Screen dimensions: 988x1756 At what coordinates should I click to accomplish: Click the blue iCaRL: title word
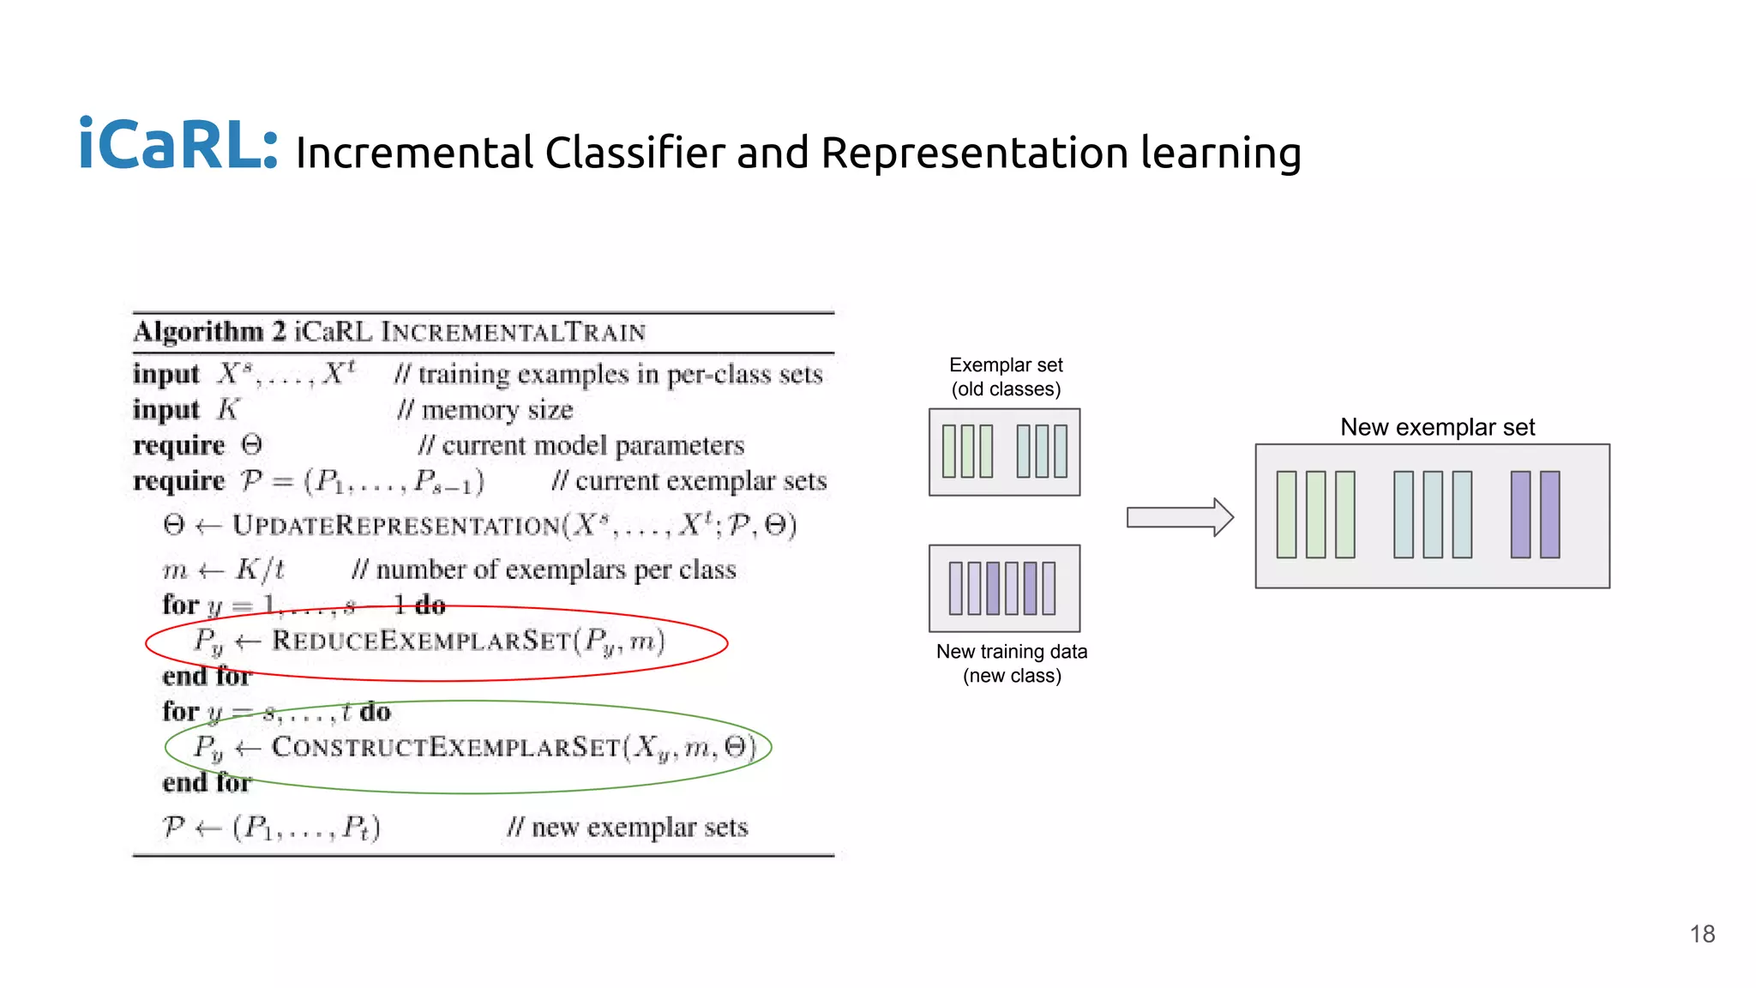click(x=178, y=146)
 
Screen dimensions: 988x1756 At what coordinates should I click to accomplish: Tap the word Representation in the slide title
click(x=974, y=154)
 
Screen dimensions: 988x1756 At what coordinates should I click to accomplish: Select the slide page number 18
click(x=1702, y=934)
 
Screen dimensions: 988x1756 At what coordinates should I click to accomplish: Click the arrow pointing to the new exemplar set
click(x=1180, y=517)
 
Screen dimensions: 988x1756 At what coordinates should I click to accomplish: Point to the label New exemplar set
click(x=1437, y=427)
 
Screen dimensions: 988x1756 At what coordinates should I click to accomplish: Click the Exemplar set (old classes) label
click(x=1006, y=377)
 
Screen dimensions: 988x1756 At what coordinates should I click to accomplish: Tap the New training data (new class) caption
click(x=1012, y=663)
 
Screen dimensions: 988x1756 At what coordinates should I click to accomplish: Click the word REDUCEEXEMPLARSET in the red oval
click(x=420, y=641)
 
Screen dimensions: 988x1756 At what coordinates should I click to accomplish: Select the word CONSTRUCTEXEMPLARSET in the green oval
click(x=446, y=747)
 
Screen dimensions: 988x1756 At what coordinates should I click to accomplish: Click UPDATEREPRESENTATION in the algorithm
click(x=396, y=525)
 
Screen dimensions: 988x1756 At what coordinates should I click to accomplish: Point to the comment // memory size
click(x=485, y=410)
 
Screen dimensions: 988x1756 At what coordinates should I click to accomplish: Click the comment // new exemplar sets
click(x=628, y=828)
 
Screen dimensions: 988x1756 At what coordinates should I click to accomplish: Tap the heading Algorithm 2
click(x=209, y=332)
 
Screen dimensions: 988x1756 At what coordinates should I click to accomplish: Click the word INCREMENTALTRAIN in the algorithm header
click(x=513, y=332)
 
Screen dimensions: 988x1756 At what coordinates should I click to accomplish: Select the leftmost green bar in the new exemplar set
click(x=1286, y=515)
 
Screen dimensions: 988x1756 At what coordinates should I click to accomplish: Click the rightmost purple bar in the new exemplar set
click(x=1549, y=515)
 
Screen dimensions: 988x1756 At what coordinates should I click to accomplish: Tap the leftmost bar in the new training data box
click(x=955, y=588)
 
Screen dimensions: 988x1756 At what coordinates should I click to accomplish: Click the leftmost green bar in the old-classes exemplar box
click(x=949, y=451)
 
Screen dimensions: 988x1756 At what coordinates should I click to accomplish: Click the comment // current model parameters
click(x=581, y=446)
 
